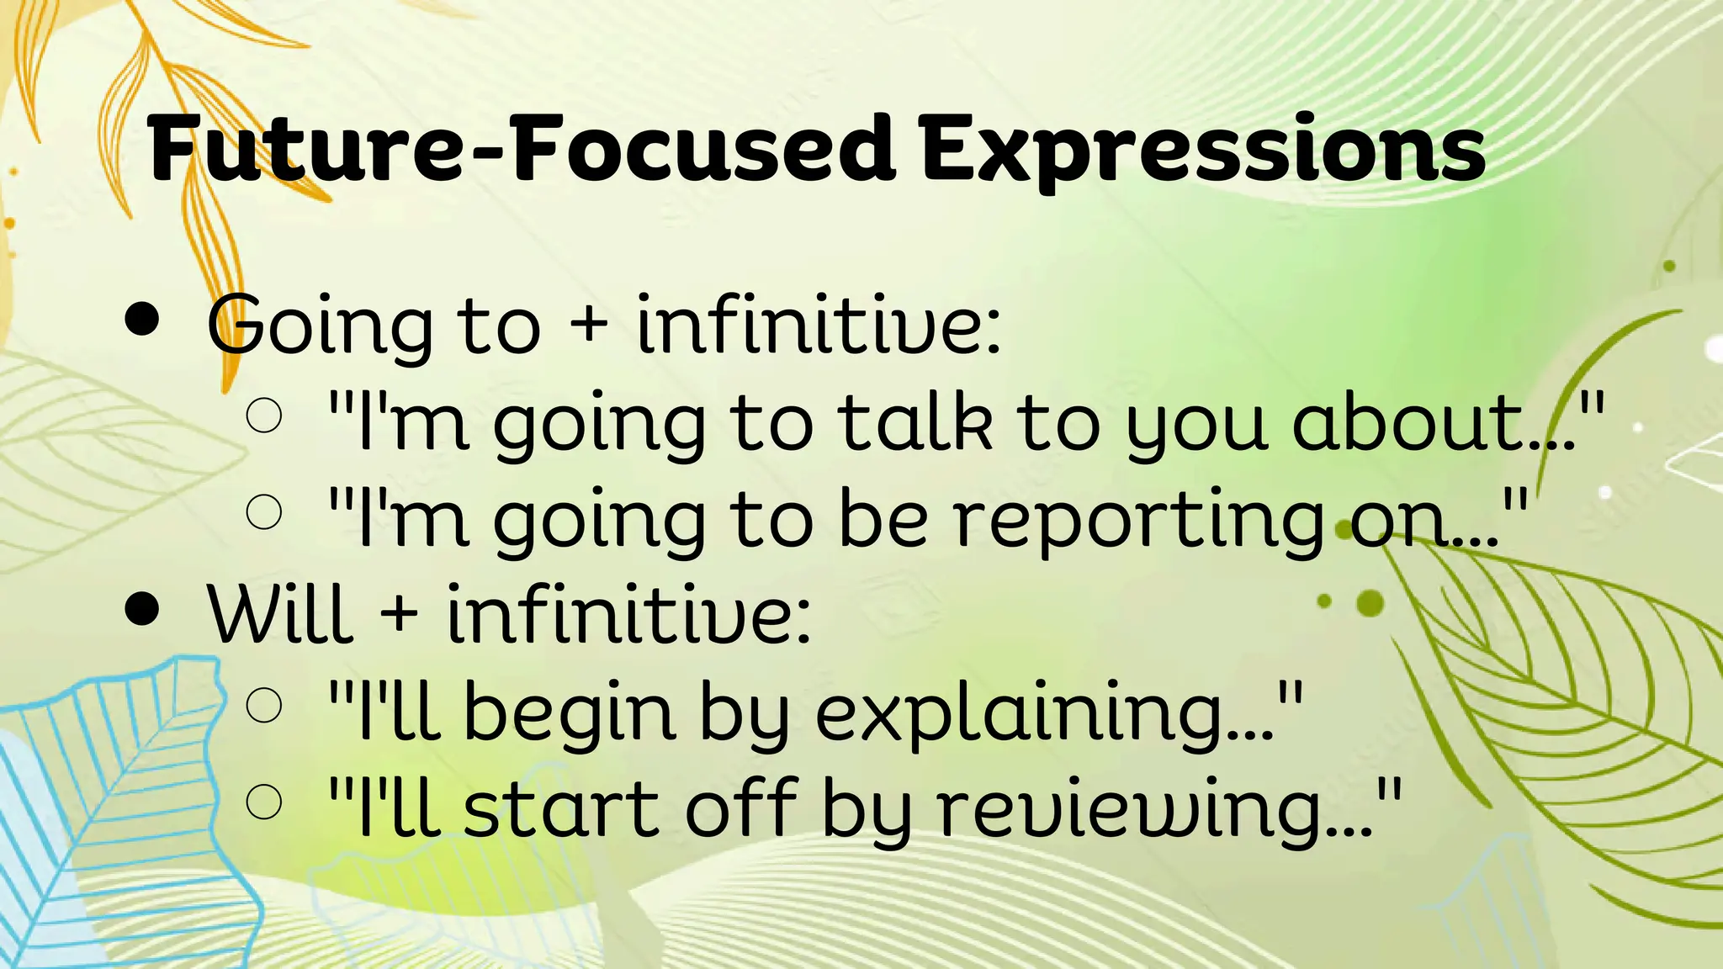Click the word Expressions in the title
pos(1203,151)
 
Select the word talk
pos(916,421)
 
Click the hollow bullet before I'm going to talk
pos(264,416)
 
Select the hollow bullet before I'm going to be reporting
pos(264,511)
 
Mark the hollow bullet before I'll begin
pos(264,705)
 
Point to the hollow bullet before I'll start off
pos(264,801)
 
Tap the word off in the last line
pos(741,808)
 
